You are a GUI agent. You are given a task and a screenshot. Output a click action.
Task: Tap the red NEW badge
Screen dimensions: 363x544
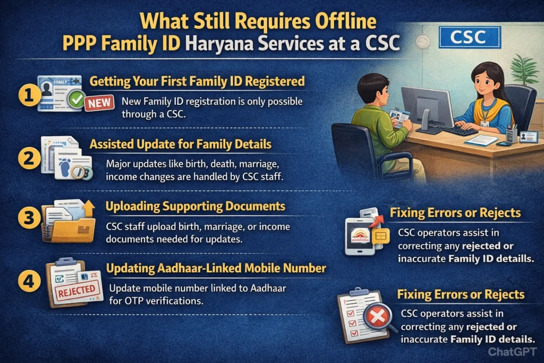click(99, 103)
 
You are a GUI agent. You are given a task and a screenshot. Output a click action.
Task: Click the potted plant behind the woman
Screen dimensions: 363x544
click(524, 69)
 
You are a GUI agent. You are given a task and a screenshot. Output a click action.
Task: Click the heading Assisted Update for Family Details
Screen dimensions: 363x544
click(181, 144)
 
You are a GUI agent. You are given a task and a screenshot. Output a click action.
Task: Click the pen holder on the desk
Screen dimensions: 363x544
click(511, 133)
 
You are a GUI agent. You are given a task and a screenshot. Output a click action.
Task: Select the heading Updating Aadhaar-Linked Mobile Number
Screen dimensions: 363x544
click(216, 268)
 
